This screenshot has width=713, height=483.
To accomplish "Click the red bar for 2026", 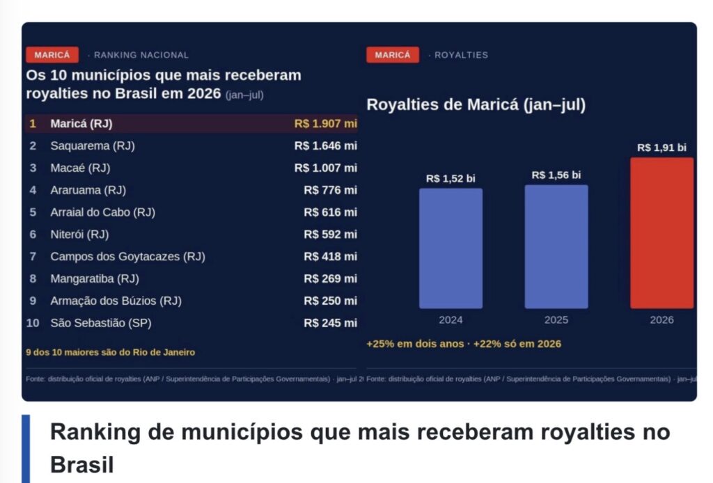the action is point(661,233).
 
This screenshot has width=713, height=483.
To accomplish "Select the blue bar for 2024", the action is point(450,248).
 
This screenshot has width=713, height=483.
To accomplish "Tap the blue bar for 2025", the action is point(556,247).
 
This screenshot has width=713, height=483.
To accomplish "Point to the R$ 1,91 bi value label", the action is point(661,148).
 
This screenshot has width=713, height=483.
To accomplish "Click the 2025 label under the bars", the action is point(556,320).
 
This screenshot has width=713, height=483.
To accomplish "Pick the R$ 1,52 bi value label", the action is point(450,179).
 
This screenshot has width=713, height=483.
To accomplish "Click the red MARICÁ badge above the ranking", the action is point(52,55).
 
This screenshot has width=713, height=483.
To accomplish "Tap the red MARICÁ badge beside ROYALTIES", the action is point(393,55).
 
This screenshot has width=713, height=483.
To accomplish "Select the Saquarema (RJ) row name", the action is point(93,146).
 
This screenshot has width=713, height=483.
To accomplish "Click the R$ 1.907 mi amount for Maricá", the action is point(326,124).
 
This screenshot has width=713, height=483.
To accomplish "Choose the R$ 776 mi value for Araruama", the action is point(331,190).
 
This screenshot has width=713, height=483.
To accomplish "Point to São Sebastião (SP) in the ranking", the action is point(101,323).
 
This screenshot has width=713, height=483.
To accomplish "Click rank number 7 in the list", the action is point(33,257).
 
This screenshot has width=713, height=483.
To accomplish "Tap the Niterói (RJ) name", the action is point(79,235).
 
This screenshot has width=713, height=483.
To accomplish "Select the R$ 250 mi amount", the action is point(331,301).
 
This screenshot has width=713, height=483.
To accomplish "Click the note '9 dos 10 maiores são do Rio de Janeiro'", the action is point(111,352).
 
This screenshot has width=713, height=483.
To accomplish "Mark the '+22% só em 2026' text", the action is point(517,344).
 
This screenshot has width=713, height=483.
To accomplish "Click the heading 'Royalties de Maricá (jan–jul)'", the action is point(476,105).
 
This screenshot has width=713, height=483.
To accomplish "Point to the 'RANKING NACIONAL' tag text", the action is point(141,55).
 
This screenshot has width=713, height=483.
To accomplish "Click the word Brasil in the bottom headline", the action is point(82,465).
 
